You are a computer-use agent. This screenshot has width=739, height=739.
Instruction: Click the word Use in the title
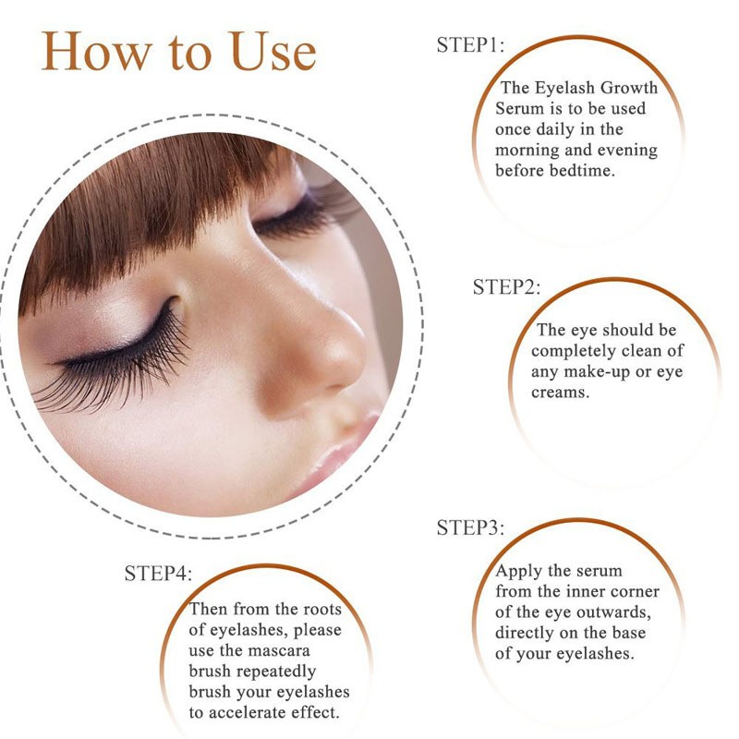[263, 52]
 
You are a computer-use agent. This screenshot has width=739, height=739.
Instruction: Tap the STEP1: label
[470, 45]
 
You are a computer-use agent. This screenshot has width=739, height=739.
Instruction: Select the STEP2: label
[507, 286]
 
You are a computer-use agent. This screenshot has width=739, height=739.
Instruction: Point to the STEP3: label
[470, 528]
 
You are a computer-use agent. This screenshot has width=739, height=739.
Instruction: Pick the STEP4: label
[158, 573]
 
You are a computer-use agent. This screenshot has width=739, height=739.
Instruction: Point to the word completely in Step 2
[574, 351]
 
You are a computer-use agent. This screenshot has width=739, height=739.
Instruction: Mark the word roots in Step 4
[318, 610]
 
